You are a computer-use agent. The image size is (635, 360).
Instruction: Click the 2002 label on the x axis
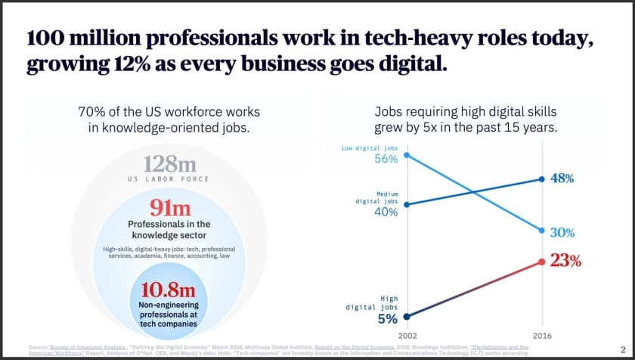click(x=407, y=334)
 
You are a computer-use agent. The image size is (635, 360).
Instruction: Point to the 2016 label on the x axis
click(x=541, y=334)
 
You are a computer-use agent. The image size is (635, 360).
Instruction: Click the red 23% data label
click(x=565, y=261)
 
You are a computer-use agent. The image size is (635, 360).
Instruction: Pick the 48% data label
click(x=562, y=179)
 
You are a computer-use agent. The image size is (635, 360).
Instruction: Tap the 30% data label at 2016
click(x=562, y=232)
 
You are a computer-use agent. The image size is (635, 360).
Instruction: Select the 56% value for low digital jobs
click(x=386, y=159)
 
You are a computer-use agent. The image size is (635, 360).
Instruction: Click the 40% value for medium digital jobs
click(x=386, y=212)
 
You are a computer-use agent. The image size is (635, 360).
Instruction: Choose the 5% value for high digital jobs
click(x=387, y=318)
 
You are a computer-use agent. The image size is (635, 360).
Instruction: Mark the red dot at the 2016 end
click(x=541, y=262)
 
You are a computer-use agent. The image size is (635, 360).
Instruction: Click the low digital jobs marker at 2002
click(x=407, y=155)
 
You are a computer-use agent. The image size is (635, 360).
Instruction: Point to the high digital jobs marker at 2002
click(x=407, y=317)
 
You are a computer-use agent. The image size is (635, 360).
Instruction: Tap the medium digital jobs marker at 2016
click(x=541, y=179)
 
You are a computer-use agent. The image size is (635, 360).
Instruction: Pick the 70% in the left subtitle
click(x=92, y=112)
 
